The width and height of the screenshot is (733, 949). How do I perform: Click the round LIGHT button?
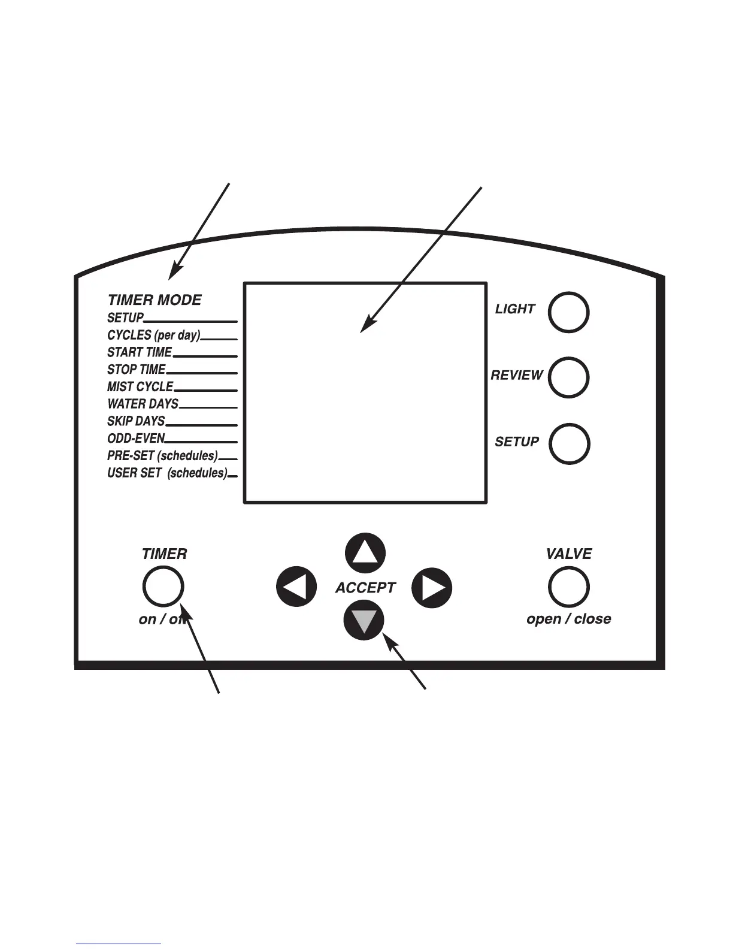(568, 312)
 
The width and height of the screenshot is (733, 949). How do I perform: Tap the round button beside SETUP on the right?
(569, 444)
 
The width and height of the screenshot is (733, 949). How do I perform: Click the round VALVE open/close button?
(568, 587)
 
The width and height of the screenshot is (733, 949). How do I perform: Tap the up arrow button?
(365, 553)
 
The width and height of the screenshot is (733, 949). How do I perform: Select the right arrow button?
(432, 588)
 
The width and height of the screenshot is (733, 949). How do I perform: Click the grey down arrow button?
(364, 620)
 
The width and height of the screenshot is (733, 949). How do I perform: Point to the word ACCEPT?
(365, 588)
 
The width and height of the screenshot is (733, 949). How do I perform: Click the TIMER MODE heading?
(155, 300)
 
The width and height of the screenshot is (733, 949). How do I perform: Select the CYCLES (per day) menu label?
(154, 335)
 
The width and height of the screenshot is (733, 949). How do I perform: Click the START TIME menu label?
(140, 352)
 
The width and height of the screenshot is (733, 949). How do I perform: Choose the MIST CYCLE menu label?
(140, 386)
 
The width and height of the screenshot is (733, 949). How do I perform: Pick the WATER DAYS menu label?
(143, 404)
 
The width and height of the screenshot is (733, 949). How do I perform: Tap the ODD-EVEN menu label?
(136, 439)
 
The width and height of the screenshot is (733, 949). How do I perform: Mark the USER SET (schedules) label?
(167, 473)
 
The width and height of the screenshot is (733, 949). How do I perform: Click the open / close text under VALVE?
(568, 619)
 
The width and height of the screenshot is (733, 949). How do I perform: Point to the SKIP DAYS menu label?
(136, 421)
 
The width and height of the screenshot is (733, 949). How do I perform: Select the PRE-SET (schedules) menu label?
(162, 456)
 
